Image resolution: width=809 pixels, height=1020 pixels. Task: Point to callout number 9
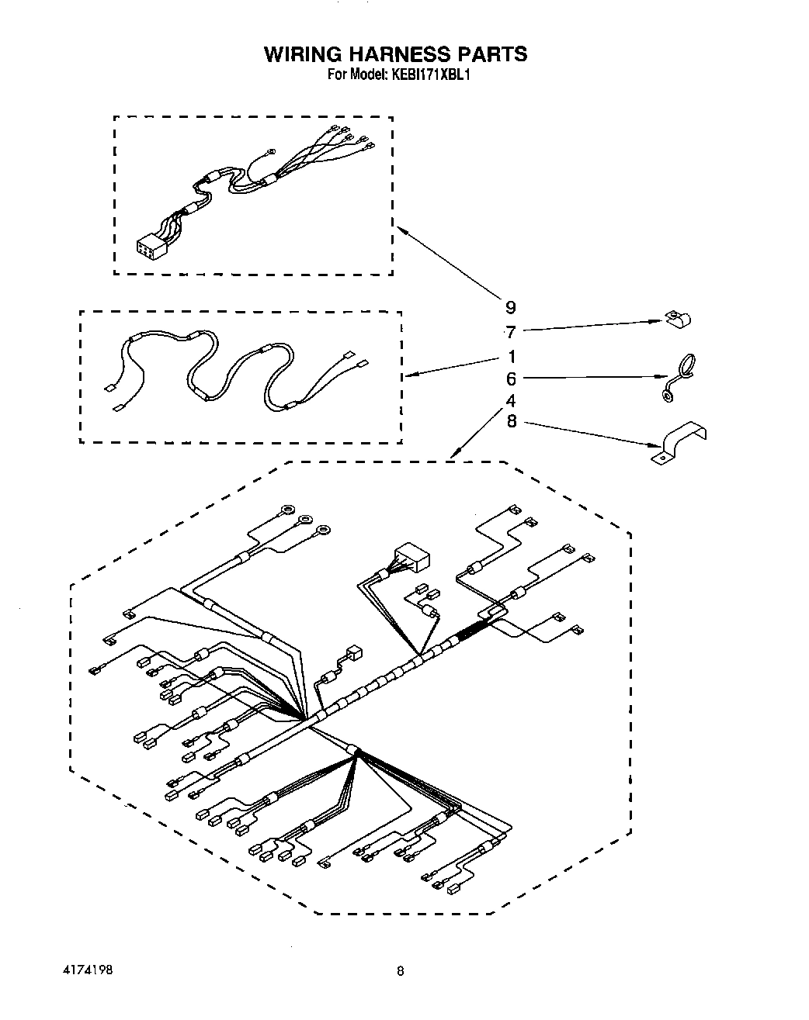tap(510, 307)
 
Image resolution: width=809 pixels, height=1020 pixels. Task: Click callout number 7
tap(510, 332)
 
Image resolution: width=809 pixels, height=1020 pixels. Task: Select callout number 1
tap(510, 357)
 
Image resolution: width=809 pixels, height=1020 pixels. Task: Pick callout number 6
tap(510, 379)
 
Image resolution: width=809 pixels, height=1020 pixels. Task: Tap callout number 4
tap(510, 401)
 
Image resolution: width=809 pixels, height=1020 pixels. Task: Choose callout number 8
tap(510, 423)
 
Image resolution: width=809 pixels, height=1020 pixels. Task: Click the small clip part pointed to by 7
tap(680, 319)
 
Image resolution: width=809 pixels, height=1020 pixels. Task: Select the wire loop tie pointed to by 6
tap(678, 378)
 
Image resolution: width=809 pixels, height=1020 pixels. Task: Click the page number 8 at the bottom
tap(401, 970)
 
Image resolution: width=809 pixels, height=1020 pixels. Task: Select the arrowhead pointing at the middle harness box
tap(409, 375)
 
